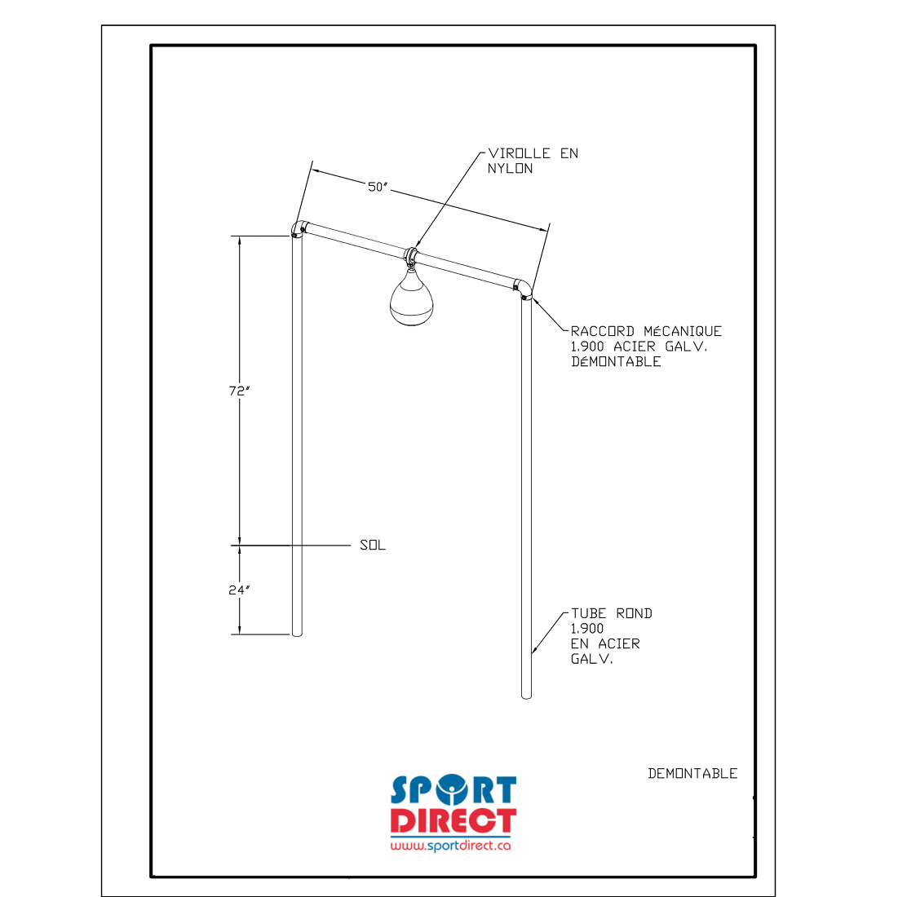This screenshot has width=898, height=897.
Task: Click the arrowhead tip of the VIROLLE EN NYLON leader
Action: pos(415,249)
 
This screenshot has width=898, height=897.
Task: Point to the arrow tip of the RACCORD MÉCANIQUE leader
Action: pos(533,298)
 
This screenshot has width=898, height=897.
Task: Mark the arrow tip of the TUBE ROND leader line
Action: pos(532,653)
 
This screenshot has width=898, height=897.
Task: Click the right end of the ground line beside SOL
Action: pos(351,546)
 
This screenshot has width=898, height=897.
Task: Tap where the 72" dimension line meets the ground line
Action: pos(240,546)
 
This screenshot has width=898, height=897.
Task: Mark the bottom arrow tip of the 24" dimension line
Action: pos(240,634)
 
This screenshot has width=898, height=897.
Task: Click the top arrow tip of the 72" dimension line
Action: pos(240,236)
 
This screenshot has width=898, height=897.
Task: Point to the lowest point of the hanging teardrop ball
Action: pos(411,326)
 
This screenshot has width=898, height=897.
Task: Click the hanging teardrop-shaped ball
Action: pos(411,298)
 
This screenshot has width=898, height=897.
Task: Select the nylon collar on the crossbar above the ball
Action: pos(411,255)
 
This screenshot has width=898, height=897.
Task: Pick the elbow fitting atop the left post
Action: pos(299,229)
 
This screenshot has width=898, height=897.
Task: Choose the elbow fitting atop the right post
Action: pos(522,289)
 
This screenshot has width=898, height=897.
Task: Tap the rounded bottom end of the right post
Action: pos(526,696)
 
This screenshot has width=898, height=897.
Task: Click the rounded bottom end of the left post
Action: pos(297,633)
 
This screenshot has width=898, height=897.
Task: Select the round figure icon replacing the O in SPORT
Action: pos(452,790)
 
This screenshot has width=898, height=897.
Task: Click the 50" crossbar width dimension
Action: pos(378,187)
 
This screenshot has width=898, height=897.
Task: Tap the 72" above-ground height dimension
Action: pos(240,391)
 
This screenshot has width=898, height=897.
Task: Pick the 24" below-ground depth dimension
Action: pos(240,590)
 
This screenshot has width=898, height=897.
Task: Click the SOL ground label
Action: pos(372,545)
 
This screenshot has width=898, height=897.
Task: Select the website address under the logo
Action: pos(450,845)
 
